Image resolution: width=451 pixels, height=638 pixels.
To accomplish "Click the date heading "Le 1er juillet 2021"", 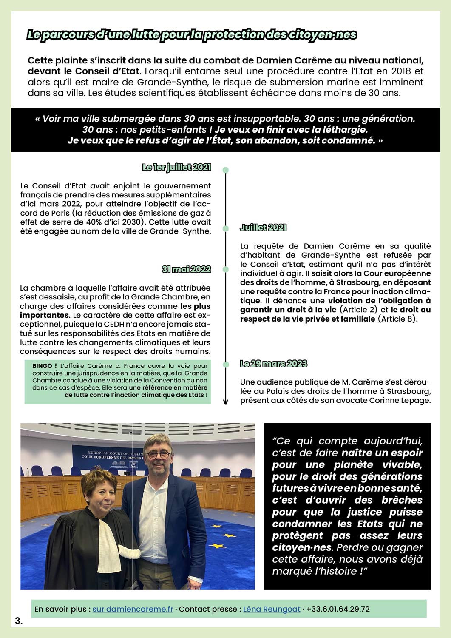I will [x=176, y=167].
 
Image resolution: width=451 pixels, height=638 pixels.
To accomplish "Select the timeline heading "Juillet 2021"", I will [x=263, y=228].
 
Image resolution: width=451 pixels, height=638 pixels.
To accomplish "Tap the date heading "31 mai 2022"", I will [x=186, y=269].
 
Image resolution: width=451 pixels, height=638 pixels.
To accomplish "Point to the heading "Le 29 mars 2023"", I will [x=273, y=364].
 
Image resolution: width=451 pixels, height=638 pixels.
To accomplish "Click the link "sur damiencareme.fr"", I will [x=133, y=609].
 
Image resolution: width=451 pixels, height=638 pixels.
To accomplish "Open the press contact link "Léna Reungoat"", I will [x=272, y=609].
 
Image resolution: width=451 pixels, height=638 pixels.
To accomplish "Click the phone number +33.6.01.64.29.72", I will [x=338, y=609].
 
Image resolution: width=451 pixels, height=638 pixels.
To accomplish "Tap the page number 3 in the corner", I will [x=18, y=621].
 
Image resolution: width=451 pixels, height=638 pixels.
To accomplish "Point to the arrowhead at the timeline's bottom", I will [x=226, y=402].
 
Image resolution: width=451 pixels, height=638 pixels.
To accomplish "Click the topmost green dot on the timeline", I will [x=226, y=170].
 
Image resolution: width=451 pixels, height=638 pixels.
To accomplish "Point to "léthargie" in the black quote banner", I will [x=344, y=129].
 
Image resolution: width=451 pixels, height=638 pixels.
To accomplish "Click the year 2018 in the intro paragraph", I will [x=398, y=71].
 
